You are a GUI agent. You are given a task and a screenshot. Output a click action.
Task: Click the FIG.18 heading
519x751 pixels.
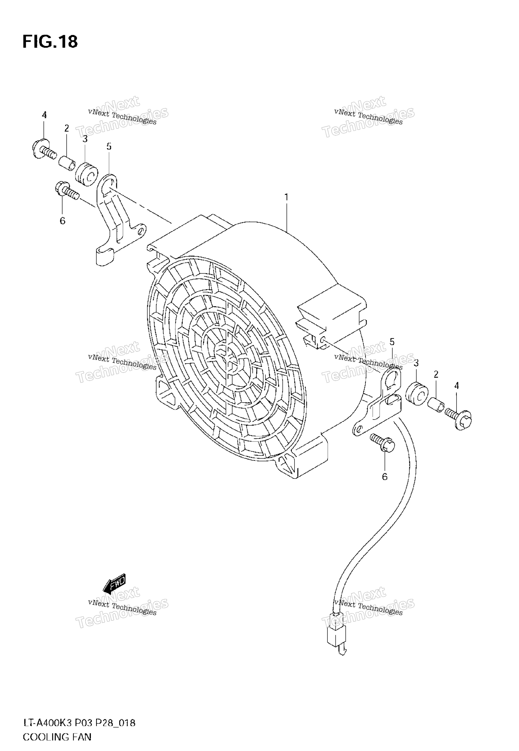[x=50, y=42]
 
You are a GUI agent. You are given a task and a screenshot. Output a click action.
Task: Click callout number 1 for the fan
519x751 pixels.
[x=287, y=197]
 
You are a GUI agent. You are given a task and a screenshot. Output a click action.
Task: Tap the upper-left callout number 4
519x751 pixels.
[x=44, y=115]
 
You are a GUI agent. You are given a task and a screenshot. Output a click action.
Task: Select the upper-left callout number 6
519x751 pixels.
[x=63, y=221]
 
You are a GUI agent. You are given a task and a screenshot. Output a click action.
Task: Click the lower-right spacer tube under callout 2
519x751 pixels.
[x=436, y=406]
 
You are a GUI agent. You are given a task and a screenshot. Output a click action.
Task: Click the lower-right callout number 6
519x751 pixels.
[x=385, y=477]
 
